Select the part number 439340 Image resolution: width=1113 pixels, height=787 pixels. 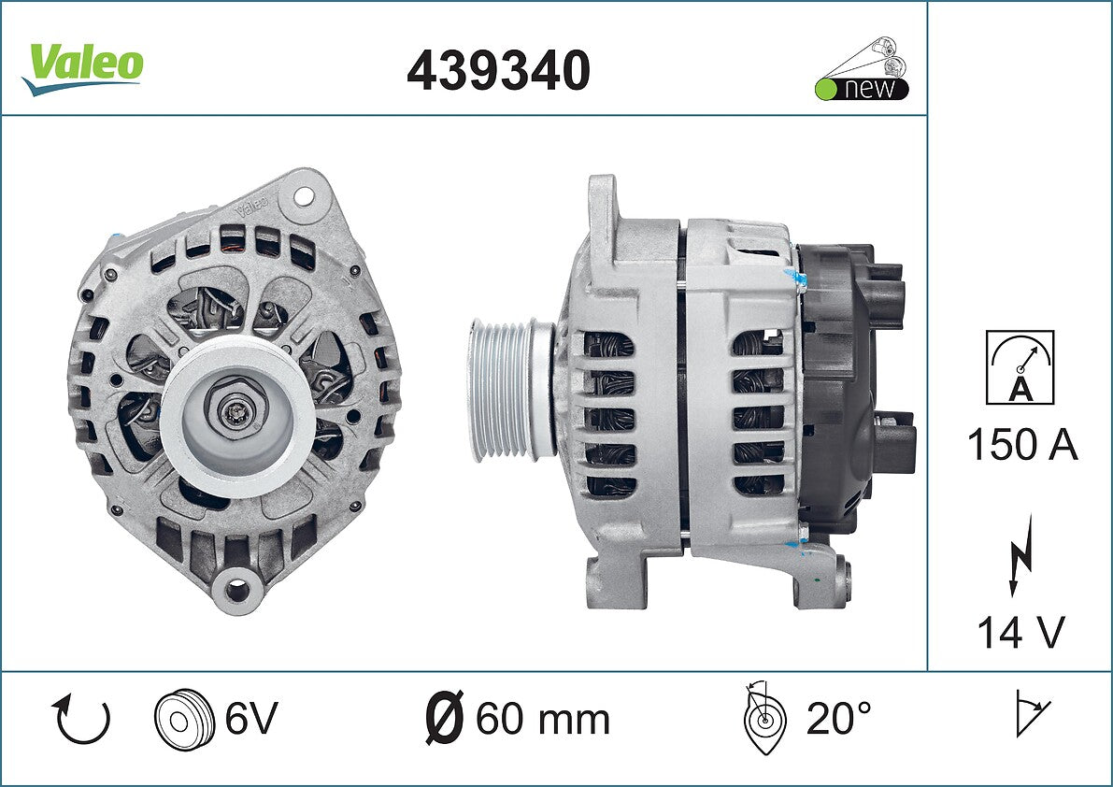pyautogui.click(x=498, y=70)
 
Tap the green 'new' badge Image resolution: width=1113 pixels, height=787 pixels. pyautogui.click(x=862, y=69)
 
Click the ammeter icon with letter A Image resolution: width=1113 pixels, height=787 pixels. pyautogui.click(x=1020, y=367)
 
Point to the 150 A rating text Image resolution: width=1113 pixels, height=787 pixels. pyautogui.click(x=1022, y=445)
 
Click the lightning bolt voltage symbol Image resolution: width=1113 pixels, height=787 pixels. pyautogui.click(x=1020, y=554)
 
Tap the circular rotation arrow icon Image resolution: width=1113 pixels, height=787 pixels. pyautogui.click(x=81, y=720)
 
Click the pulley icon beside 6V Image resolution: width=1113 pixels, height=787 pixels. pyautogui.click(x=184, y=718)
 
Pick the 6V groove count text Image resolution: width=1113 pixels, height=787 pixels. pyautogui.click(x=251, y=718)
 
